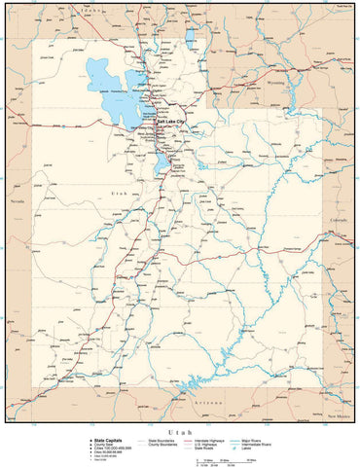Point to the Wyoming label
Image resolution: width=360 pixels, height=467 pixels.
click(304, 84)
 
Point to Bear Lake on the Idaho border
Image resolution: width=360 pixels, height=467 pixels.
click(190, 37)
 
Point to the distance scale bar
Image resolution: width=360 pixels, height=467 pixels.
click(223, 457)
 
